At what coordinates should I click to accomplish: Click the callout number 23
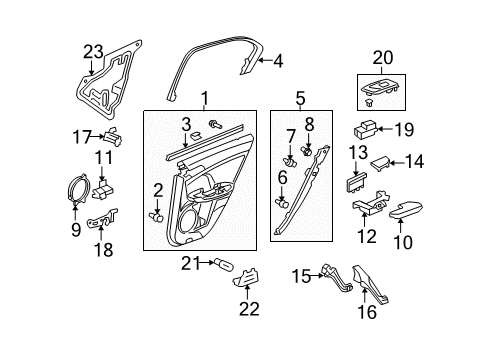pos(93,51)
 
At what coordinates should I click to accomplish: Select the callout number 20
pos(383,58)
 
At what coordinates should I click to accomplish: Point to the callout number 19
pos(403,129)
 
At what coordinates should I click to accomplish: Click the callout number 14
pos(413,160)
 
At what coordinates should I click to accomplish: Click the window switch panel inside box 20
pos(383,91)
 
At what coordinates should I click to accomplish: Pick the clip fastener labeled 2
pos(157,214)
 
